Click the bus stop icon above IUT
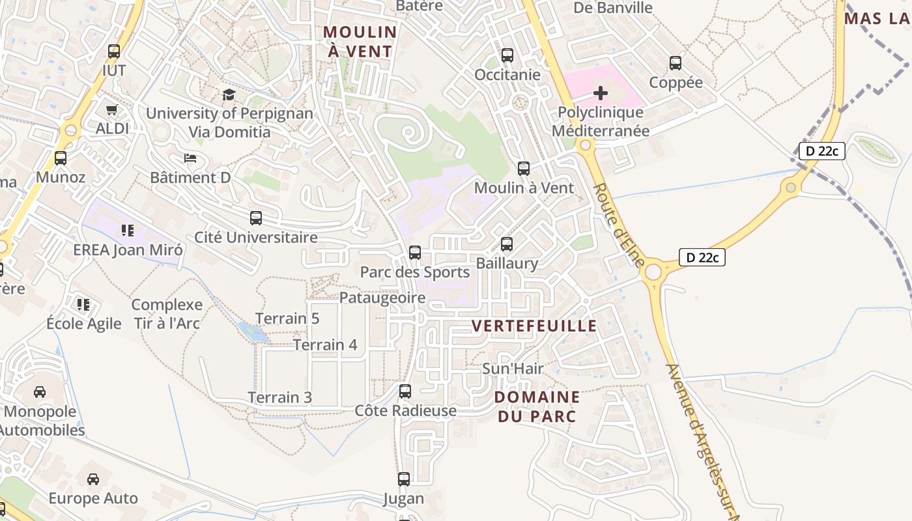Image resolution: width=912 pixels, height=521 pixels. (x=114, y=51)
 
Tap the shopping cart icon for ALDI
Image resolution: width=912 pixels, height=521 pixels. (x=111, y=109)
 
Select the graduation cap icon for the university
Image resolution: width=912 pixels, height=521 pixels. (x=229, y=94)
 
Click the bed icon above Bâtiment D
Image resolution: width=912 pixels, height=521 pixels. (x=190, y=158)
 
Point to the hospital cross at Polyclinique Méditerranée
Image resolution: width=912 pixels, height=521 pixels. (x=601, y=93)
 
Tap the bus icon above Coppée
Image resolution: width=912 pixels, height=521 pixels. (x=676, y=63)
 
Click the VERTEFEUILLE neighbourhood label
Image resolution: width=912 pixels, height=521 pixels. (x=534, y=326)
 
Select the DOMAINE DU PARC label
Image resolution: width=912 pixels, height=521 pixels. (x=537, y=406)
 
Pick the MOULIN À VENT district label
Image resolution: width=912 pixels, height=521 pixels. (x=360, y=41)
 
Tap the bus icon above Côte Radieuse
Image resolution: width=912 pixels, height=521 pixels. (x=405, y=391)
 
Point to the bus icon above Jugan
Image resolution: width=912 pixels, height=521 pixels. (x=404, y=479)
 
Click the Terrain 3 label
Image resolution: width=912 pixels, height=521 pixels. (x=279, y=397)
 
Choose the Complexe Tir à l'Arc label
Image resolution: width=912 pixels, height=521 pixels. (x=167, y=313)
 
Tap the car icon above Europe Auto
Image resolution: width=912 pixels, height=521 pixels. (x=93, y=479)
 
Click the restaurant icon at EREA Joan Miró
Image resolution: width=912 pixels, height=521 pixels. (x=128, y=230)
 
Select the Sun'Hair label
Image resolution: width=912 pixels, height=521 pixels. (x=513, y=369)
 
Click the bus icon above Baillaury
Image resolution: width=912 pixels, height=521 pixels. (x=507, y=244)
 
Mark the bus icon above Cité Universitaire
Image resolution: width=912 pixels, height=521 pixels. (x=256, y=218)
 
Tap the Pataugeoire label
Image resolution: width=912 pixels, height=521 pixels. (x=382, y=298)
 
